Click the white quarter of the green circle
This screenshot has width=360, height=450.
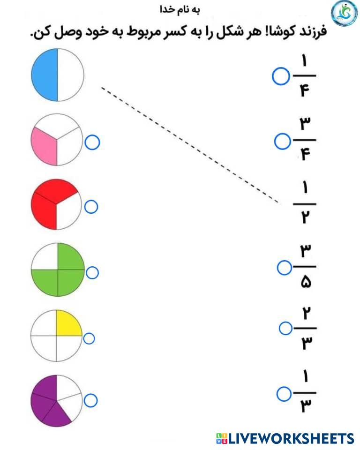pyautogui.click(x=45, y=257)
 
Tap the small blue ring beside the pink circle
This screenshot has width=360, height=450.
pyautogui.click(x=93, y=142)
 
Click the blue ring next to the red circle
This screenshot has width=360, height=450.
pyautogui.click(x=91, y=207)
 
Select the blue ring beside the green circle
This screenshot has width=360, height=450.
pyautogui.click(x=92, y=273)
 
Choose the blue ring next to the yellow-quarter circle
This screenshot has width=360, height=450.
pyautogui.click(x=89, y=338)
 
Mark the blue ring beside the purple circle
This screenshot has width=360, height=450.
pyautogui.click(x=91, y=400)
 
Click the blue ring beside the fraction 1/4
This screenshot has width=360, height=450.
pyautogui.click(x=281, y=77)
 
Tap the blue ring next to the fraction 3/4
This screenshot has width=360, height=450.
pyautogui.click(x=282, y=141)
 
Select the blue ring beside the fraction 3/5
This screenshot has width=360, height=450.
pyautogui.click(x=284, y=268)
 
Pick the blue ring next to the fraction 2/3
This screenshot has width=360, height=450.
pyautogui.click(x=285, y=329)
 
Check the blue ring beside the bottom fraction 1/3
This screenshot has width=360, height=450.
pyautogui.click(x=284, y=394)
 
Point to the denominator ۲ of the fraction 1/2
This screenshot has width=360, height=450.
pyautogui.click(x=305, y=218)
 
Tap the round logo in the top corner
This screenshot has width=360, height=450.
pyautogui.click(x=344, y=14)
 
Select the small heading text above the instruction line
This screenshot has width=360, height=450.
pyautogui.click(x=180, y=9)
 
